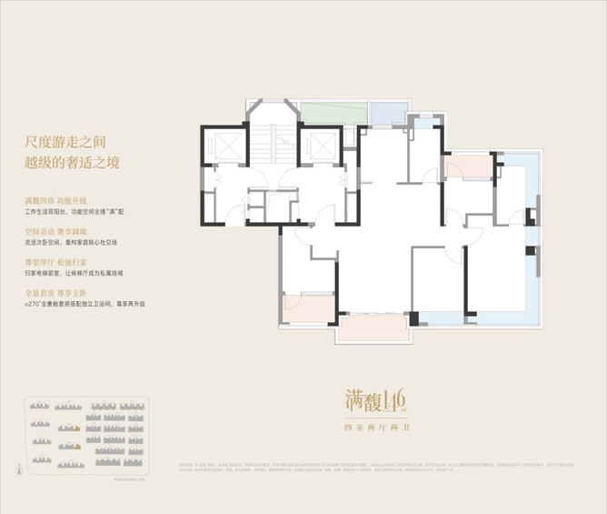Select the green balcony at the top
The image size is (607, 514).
pyautogui.click(x=333, y=114)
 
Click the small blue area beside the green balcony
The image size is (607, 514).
pyautogui.click(x=388, y=112)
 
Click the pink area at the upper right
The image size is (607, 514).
pyautogui.click(x=466, y=167)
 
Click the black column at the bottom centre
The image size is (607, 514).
pyautogui.click(x=414, y=320)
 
